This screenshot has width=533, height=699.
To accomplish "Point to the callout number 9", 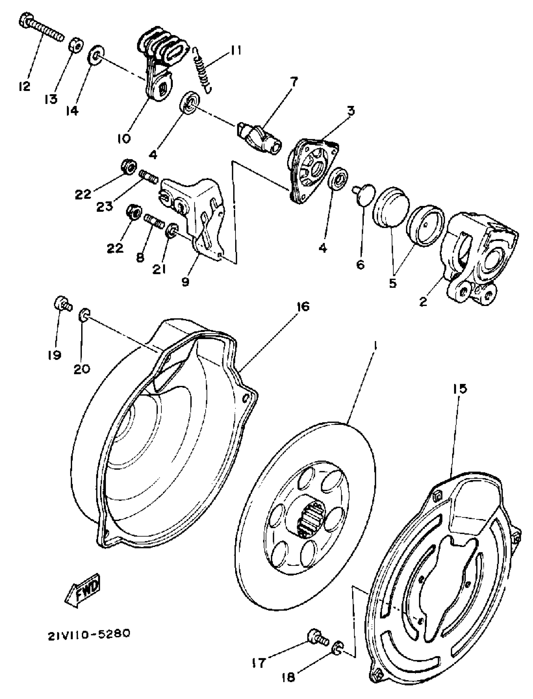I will pos(185,281).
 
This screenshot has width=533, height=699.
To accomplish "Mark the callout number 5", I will pos(393,283).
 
